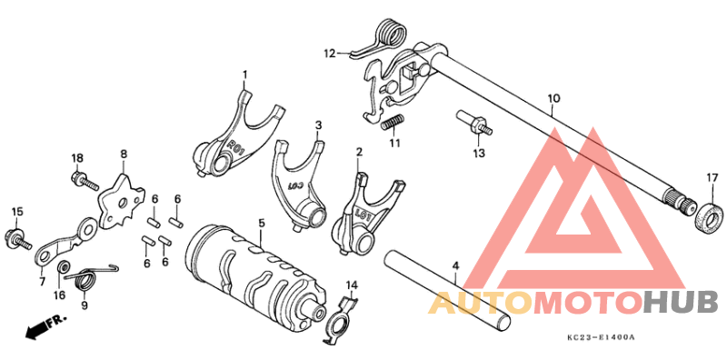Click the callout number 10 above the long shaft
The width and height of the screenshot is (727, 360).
coord(553,97)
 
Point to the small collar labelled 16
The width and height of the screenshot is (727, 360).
coord(64,268)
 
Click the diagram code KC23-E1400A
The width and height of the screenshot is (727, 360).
coord(600,338)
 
